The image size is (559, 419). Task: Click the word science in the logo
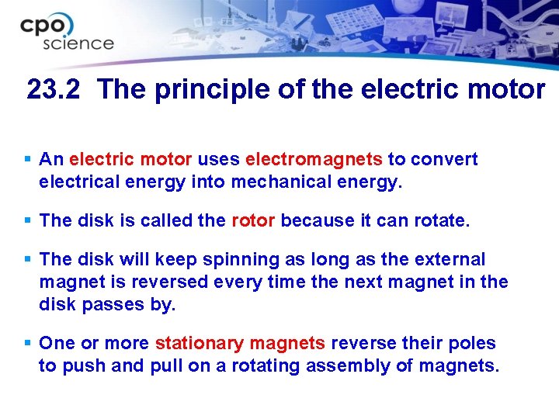coord(78,43)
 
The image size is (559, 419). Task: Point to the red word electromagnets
coord(314,160)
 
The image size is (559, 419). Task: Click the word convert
coord(444,160)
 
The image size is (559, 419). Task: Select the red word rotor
coord(253,221)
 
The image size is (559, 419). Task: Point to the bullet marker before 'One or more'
coord(28,342)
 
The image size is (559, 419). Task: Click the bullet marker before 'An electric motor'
coord(28,158)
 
